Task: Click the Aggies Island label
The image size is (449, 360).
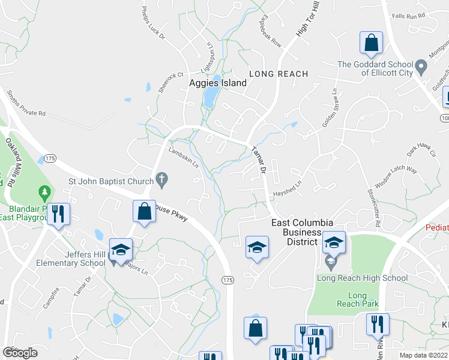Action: coord(218,83)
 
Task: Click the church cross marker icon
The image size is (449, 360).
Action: coord(161,179)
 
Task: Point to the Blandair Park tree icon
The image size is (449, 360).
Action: coord(44,193)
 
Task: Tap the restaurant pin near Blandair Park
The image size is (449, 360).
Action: coord(58,214)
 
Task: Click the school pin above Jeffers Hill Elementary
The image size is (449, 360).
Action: coord(121,249)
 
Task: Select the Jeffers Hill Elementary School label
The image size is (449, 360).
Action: coord(71,258)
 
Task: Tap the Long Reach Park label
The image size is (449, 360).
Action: coord(357,300)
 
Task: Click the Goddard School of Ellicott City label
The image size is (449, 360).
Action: coord(375,68)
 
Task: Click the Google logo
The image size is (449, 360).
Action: coord(20,353)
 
